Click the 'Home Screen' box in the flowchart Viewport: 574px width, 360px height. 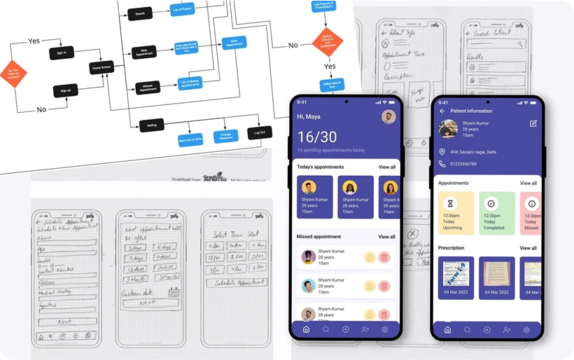coord(101,68)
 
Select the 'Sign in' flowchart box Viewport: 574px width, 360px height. coord(61,53)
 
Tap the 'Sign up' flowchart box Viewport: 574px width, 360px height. coord(65,91)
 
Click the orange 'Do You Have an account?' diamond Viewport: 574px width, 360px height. coord(13,72)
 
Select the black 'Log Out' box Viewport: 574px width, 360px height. coord(259,132)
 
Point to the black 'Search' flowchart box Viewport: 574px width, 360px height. coord(140,13)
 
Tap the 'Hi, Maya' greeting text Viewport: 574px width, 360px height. coord(309,116)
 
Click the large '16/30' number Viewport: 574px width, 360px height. coord(317,137)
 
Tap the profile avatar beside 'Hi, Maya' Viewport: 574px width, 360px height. coord(388,116)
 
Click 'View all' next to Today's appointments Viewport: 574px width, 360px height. coord(387,167)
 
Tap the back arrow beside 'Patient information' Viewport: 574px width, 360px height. coord(442,111)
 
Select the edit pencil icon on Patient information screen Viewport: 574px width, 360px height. coord(533,123)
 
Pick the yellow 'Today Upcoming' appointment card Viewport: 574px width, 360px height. coord(456,213)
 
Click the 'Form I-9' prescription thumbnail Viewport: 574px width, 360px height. coord(456,278)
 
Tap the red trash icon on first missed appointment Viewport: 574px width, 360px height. coord(384,258)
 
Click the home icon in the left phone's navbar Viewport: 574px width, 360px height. coord(306,329)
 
